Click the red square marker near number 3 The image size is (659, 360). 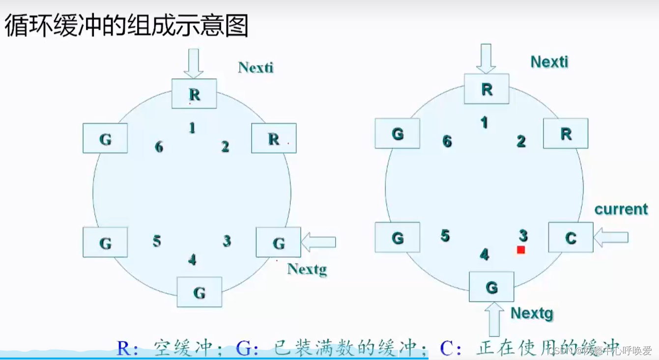521,250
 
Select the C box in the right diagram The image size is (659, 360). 571,238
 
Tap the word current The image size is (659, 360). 621,209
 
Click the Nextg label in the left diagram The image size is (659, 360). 307,269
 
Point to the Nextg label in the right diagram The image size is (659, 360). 532,313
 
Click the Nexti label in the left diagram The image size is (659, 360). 256,67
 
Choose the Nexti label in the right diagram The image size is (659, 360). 549,62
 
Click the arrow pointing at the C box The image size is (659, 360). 611,238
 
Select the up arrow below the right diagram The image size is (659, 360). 494,318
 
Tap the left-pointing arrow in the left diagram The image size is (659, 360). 318,242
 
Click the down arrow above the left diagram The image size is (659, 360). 193,62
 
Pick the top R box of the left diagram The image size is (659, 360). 194,94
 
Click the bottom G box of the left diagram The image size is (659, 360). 199,292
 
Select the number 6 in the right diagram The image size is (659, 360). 447,141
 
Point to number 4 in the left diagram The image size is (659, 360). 192,259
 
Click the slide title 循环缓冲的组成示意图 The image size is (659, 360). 127,26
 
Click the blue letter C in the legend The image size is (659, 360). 447,348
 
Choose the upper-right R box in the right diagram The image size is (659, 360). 566,134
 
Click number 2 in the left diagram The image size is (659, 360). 225,146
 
